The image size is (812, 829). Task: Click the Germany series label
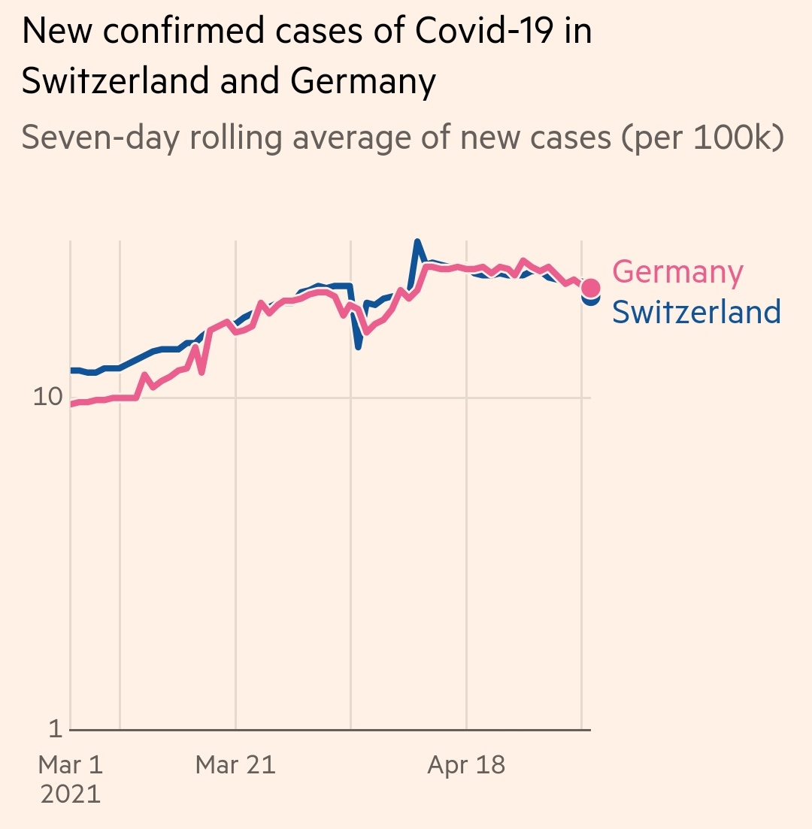(x=677, y=272)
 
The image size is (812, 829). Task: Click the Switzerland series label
(x=696, y=311)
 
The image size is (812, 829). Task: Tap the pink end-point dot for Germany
(x=590, y=288)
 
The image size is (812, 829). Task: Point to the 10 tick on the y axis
(x=47, y=397)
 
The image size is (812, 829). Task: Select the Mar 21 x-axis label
(x=235, y=765)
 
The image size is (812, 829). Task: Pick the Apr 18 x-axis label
(x=466, y=765)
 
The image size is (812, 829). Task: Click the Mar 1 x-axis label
(x=70, y=765)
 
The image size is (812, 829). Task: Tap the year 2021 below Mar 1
(x=70, y=794)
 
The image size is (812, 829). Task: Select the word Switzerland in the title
(x=115, y=81)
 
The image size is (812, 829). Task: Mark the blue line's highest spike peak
(x=418, y=243)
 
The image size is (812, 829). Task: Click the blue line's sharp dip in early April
(x=359, y=346)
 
